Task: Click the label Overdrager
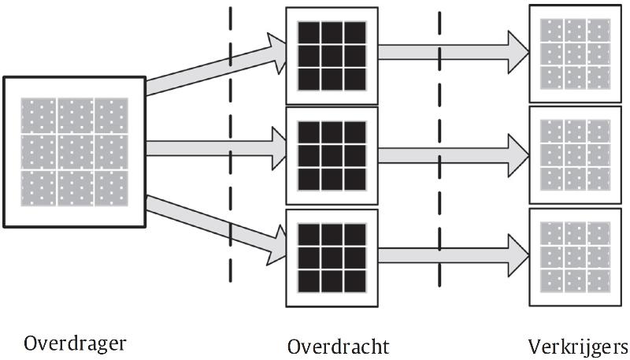(76, 343)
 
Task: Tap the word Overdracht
(338, 346)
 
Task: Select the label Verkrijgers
(578, 346)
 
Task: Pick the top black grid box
(332, 55)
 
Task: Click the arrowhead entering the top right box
(518, 52)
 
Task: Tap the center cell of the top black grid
(332, 55)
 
